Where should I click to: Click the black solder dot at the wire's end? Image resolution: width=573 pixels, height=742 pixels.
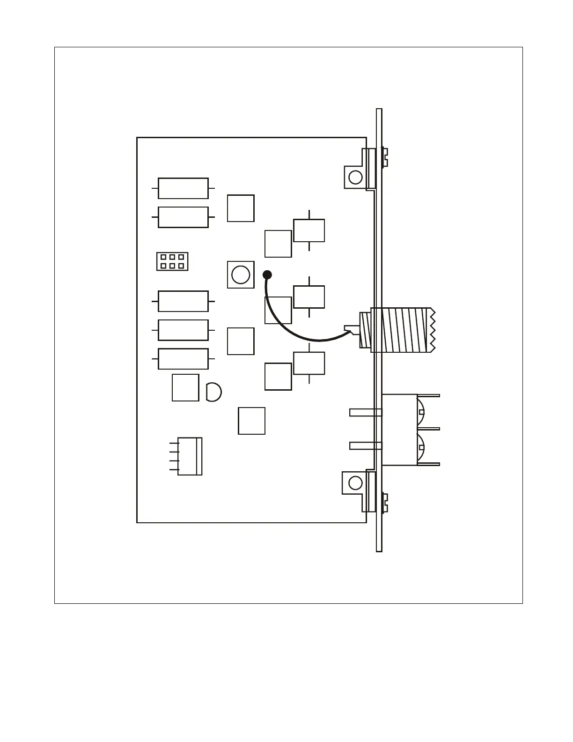click(x=267, y=275)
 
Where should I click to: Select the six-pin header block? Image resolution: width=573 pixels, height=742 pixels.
click(x=172, y=261)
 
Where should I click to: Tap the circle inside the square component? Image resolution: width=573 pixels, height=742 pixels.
click(x=241, y=275)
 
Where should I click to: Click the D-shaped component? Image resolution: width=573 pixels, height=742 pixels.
click(x=213, y=392)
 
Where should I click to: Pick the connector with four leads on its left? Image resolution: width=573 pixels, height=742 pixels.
click(x=189, y=456)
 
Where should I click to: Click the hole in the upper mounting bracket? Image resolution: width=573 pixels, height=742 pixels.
click(x=355, y=177)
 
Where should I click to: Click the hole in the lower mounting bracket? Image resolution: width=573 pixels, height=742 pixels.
click(x=355, y=482)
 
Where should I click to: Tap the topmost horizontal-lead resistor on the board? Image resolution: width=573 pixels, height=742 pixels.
click(x=183, y=188)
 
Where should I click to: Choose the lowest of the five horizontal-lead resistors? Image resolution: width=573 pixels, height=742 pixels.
click(x=183, y=359)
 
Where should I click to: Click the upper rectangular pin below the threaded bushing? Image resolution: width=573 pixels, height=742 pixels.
click(x=365, y=412)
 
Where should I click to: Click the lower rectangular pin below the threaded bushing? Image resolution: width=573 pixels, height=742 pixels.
click(x=365, y=445)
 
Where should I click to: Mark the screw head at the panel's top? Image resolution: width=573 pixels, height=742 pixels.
click(x=385, y=157)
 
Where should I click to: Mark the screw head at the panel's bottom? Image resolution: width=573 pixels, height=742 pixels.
click(x=385, y=502)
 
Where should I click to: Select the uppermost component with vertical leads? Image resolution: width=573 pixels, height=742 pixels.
click(x=309, y=230)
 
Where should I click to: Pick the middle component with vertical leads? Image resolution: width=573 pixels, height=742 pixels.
click(x=309, y=297)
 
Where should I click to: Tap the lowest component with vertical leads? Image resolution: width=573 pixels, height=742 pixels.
click(x=309, y=363)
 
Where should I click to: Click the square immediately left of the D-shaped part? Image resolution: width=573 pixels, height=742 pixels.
click(x=185, y=387)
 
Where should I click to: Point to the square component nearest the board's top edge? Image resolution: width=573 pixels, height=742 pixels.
click(x=241, y=208)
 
